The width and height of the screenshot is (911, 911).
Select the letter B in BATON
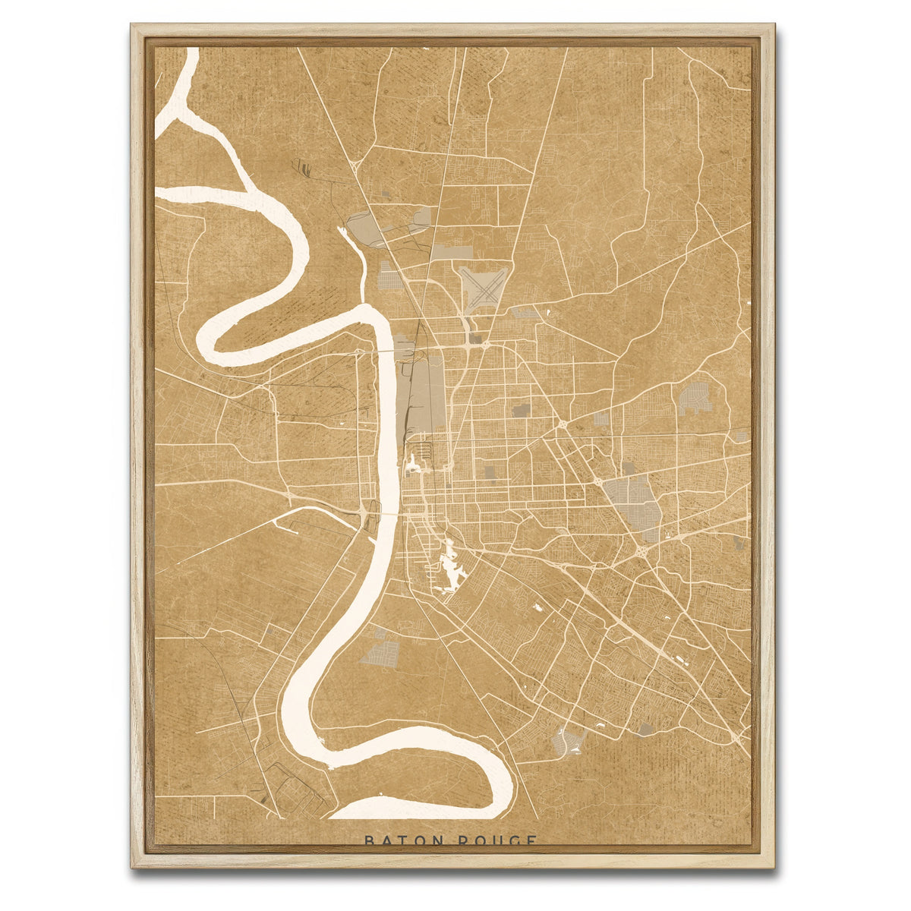click(x=368, y=840)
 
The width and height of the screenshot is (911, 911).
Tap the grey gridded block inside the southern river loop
click(x=380, y=653)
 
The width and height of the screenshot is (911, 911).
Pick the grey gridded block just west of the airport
click(x=391, y=277)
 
